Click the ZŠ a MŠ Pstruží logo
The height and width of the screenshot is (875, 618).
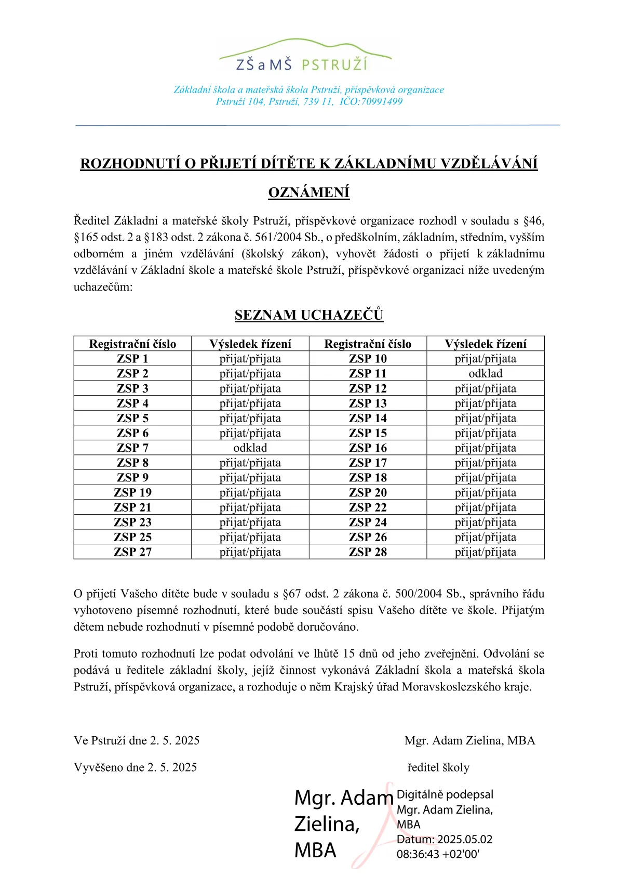(305, 55)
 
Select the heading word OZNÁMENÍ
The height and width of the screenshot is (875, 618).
(309, 192)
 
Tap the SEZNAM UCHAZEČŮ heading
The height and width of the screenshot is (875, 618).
(309, 315)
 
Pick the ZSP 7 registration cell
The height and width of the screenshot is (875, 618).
(132, 448)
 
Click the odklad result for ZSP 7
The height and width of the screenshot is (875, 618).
(250, 448)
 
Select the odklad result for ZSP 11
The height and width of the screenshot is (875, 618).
(486, 373)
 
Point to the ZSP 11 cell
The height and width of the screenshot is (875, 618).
(368, 373)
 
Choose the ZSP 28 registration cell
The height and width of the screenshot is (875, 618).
(368, 552)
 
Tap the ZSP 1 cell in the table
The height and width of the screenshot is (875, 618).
(132, 359)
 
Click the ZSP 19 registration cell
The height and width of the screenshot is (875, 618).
(132, 492)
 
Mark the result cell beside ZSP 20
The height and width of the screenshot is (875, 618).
(486, 492)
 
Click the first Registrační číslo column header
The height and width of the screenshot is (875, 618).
(132, 344)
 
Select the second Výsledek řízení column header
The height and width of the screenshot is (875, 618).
(486, 344)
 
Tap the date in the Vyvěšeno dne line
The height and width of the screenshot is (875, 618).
(172, 767)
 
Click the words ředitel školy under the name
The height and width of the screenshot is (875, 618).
(438, 767)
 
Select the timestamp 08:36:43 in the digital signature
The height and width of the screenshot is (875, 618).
(418, 854)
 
